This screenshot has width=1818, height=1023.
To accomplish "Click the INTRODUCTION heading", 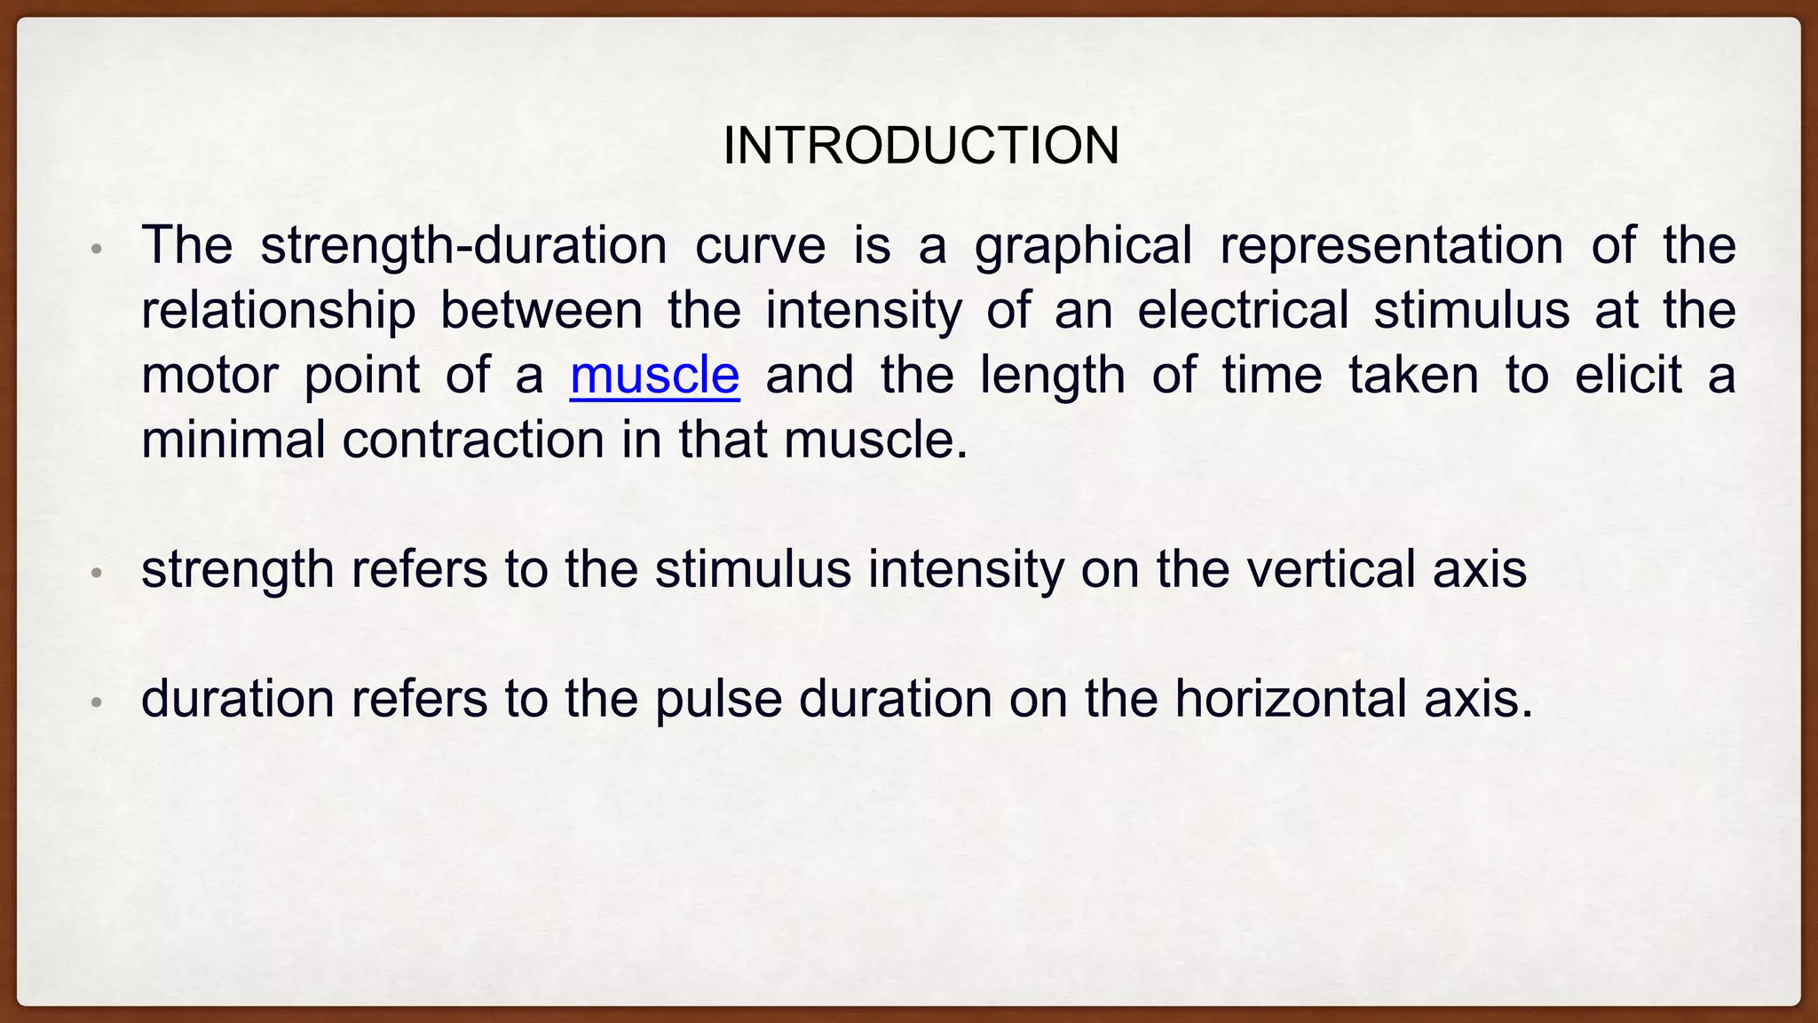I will (921, 146).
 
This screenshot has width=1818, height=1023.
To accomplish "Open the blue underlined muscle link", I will (654, 375).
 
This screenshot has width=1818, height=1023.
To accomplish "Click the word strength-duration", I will (463, 245).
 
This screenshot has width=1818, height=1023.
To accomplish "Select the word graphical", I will (1083, 247).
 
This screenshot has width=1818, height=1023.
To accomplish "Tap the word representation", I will (1391, 247).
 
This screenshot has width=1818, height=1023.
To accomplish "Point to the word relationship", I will (279, 311).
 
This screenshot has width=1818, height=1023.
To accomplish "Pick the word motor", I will (209, 375).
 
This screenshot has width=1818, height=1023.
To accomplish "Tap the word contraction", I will (473, 440).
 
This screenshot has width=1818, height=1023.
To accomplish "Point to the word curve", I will (760, 246).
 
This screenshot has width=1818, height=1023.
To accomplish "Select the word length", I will (1053, 376).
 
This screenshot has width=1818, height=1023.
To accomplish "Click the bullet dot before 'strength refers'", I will (98, 574).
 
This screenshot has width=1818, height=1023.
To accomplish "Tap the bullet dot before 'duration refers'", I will (98, 703).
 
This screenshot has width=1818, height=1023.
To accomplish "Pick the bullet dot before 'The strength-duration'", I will (98, 250).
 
